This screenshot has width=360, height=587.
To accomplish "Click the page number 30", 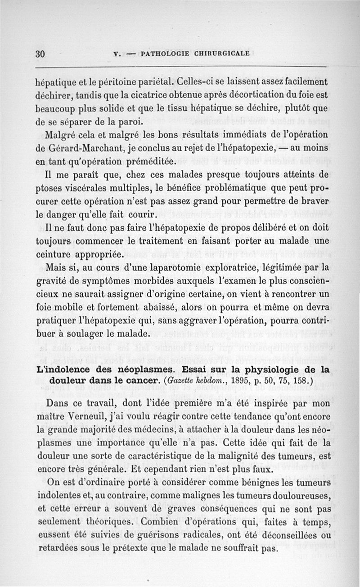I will [40, 53].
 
